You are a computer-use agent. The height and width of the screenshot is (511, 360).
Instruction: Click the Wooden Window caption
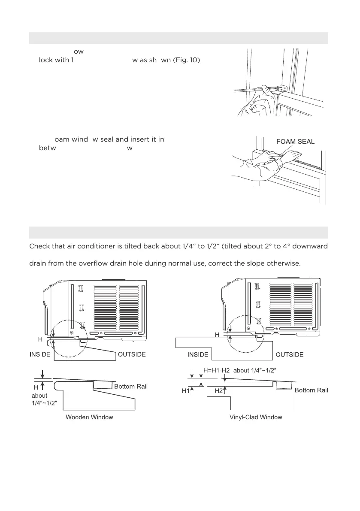89,417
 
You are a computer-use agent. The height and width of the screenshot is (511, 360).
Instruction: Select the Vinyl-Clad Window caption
256,417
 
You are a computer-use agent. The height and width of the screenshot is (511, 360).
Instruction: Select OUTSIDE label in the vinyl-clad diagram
290,354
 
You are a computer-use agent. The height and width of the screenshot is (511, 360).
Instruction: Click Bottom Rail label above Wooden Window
130,387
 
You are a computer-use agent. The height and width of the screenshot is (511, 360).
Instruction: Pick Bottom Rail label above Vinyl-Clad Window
311,390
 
